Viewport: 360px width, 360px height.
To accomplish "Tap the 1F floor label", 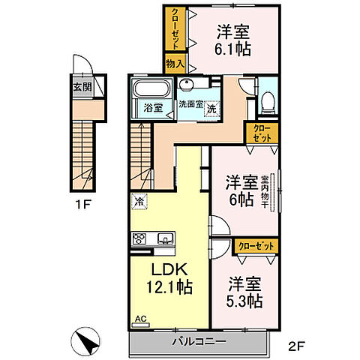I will pos(84,202).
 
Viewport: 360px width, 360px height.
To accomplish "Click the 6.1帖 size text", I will pos(233,49).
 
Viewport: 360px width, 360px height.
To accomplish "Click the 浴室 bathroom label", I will pos(152,107).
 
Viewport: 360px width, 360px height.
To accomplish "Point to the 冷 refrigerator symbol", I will pos(139,201).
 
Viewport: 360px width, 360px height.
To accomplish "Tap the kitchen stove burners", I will pos(140,239).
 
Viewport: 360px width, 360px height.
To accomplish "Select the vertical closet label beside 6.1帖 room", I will pos(174,28).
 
